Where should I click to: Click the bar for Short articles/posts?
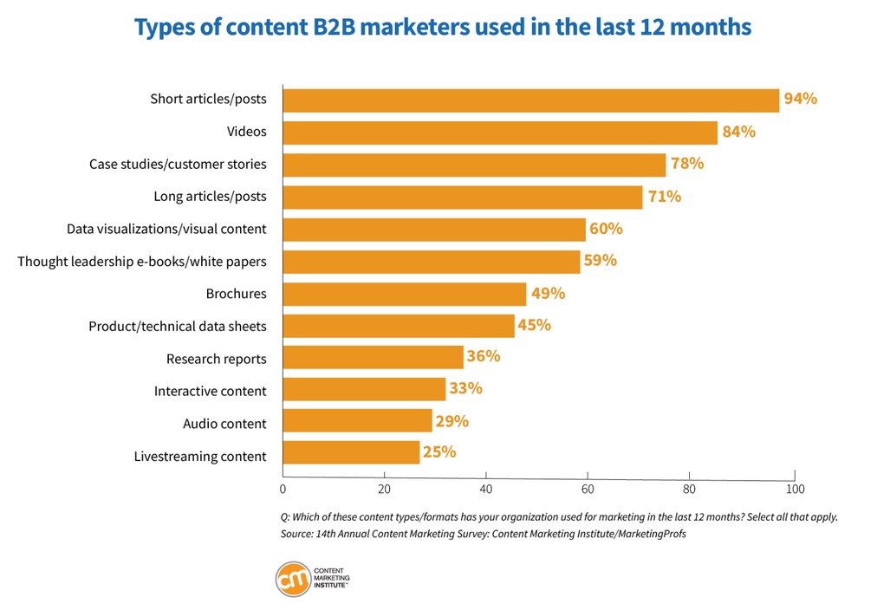[x=530, y=100]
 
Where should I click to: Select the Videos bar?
[x=500, y=133]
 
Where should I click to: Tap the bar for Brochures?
[x=405, y=294]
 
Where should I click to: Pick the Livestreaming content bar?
[x=351, y=452]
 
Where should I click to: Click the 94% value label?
[x=800, y=99]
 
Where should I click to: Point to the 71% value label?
[x=664, y=197]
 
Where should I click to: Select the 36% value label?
[x=484, y=356]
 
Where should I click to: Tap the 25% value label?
[x=439, y=451]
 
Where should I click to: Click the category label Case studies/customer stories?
[x=178, y=164]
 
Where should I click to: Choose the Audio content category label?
[x=224, y=424]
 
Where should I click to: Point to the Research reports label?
[x=216, y=359]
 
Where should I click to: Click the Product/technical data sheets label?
[x=178, y=327]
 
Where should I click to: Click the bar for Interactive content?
[x=364, y=389]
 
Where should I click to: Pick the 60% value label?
[x=605, y=229]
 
